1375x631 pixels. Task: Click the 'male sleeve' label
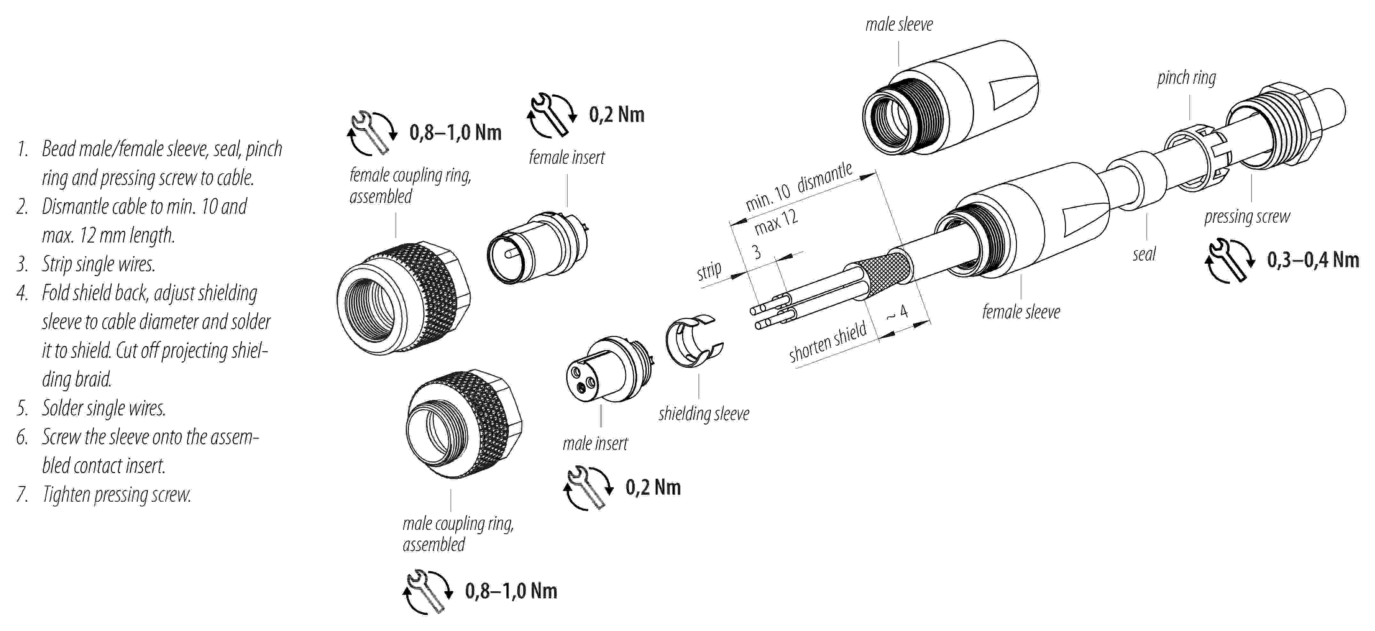click(x=899, y=25)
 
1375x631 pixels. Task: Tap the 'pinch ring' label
click(x=1186, y=78)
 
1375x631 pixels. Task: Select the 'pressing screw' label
click(x=1247, y=216)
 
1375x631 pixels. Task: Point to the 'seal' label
click(x=1144, y=254)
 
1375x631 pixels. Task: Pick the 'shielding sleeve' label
click(x=704, y=413)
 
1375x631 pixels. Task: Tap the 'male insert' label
click(x=595, y=443)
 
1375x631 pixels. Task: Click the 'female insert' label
click(x=567, y=158)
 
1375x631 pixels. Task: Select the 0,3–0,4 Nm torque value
click(x=1313, y=260)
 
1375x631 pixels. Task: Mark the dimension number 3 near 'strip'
click(x=756, y=252)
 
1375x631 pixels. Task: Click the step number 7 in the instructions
click(x=22, y=495)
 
